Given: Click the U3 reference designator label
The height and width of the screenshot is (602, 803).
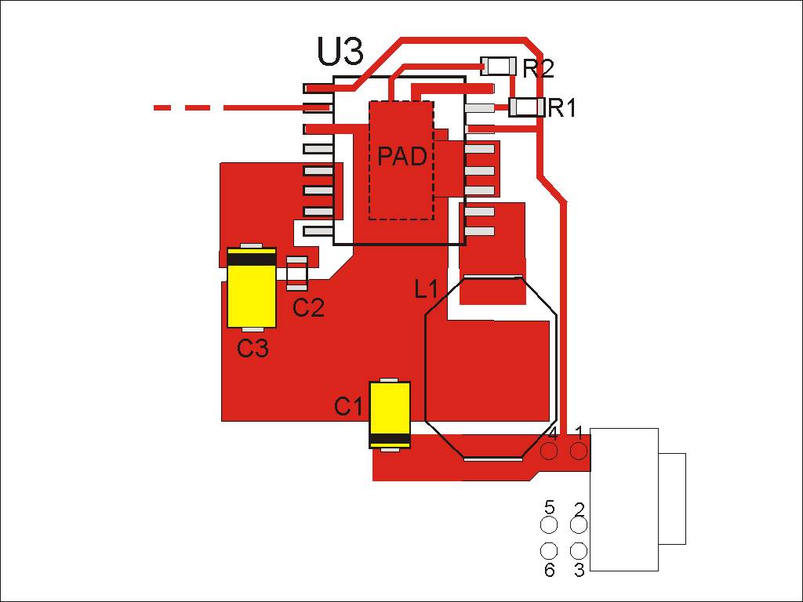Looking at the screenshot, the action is click(x=340, y=52).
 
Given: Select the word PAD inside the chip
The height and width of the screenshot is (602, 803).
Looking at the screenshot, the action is click(x=402, y=157).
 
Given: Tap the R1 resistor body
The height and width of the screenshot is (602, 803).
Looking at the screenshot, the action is click(x=527, y=107).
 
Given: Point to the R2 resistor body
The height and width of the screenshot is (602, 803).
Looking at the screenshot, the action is click(x=498, y=66).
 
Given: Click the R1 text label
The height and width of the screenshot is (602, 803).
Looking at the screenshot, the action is click(x=562, y=108).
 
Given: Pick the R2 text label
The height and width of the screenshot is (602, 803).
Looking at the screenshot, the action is click(x=538, y=68).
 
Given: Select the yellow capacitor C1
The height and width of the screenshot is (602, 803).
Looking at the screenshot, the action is click(x=390, y=414).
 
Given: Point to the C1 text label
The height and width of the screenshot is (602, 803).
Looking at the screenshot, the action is click(x=349, y=407).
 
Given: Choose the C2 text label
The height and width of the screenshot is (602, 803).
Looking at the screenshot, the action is click(x=308, y=308).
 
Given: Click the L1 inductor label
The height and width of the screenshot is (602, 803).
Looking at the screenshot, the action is click(x=426, y=290).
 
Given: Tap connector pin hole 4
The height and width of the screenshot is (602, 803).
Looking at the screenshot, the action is click(x=549, y=451).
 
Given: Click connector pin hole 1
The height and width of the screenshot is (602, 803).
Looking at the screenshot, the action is click(x=579, y=451).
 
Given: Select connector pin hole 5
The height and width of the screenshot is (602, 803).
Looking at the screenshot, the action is click(x=549, y=525).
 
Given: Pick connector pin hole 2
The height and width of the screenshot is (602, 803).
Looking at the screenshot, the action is click(x=579, y=525).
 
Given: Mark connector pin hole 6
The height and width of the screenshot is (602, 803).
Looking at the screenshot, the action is click(x=549, y=551).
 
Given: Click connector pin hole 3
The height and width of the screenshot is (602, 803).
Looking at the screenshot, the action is click(x=579, y=551).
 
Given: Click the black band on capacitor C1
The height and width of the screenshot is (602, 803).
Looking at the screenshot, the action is click(x=390, y=438).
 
